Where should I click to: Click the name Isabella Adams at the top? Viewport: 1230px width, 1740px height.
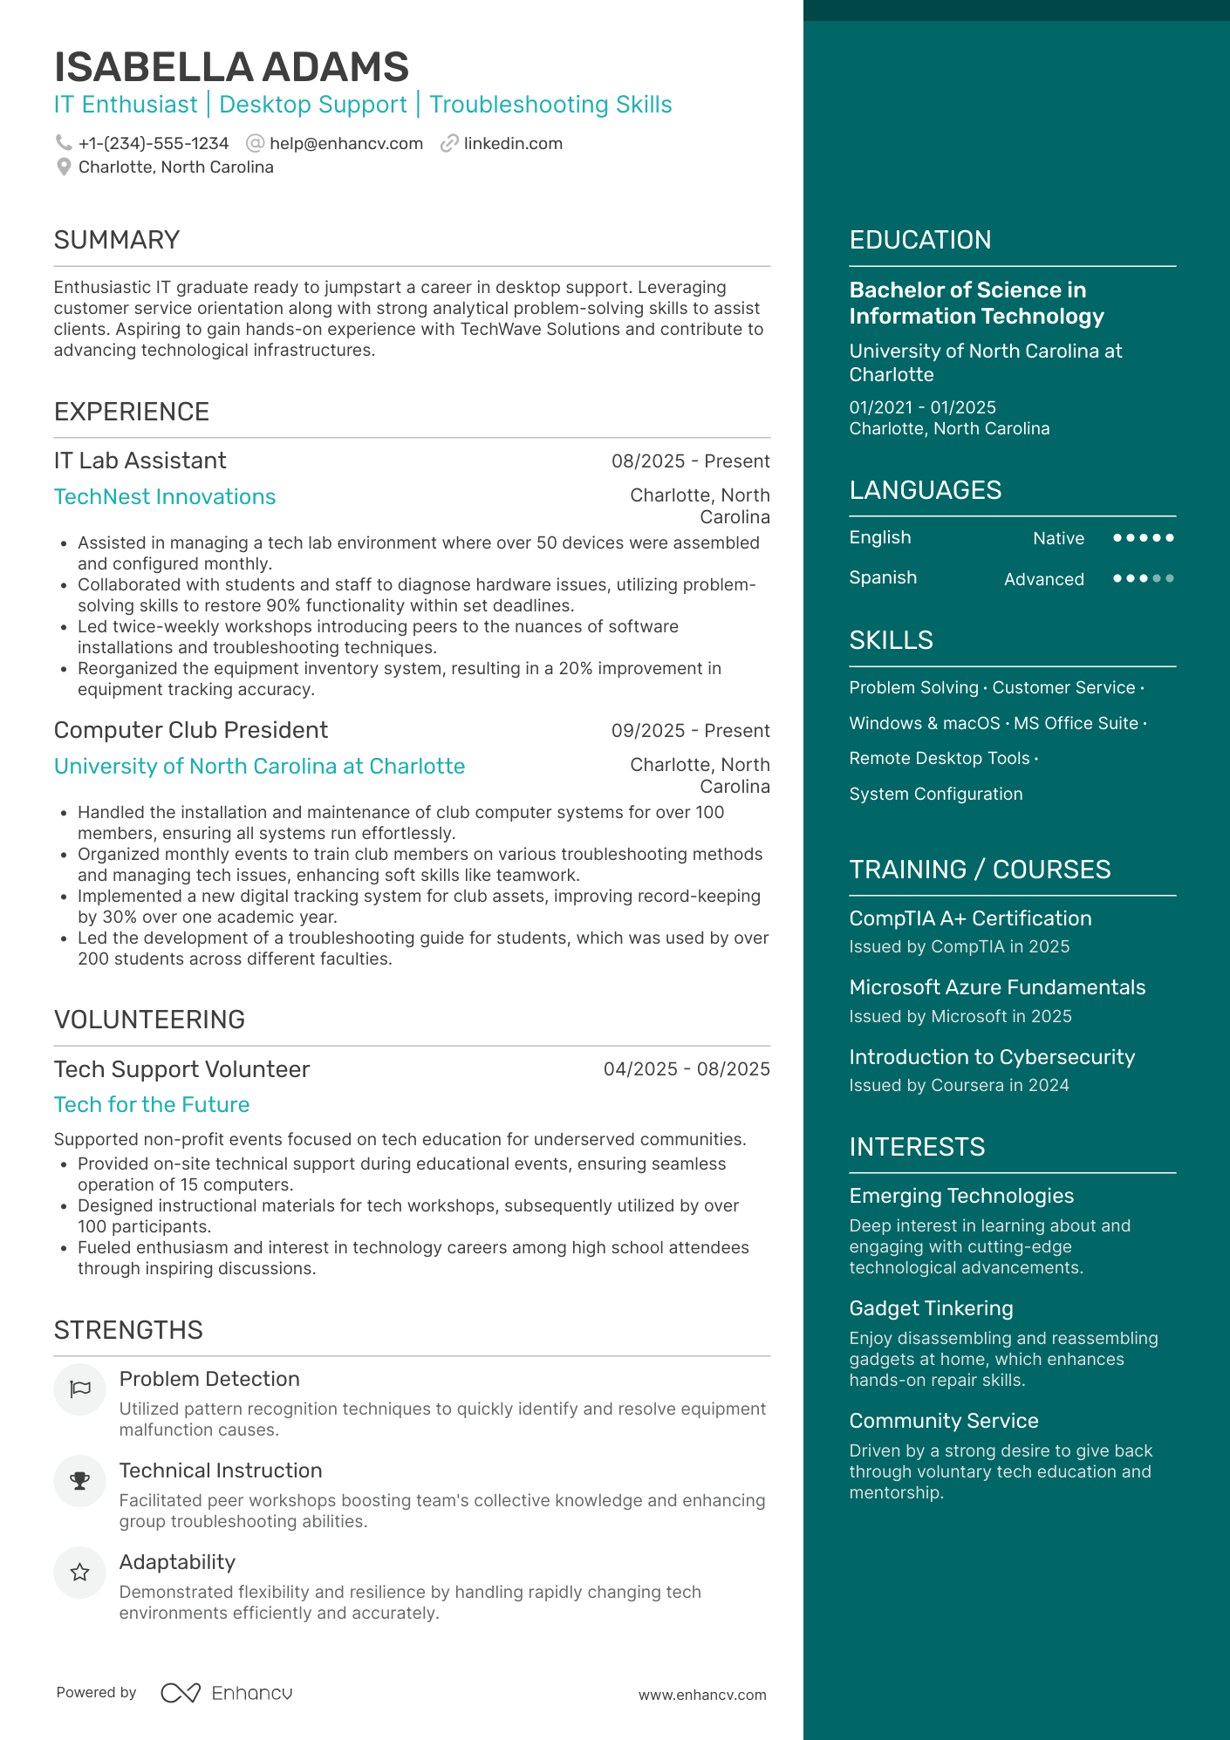(x=231, y=67)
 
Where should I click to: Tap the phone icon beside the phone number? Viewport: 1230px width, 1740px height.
(x=64, y=143)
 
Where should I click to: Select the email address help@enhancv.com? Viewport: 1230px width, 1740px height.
(x=345, y=143)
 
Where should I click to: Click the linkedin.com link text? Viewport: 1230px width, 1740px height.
(x=513, y=143)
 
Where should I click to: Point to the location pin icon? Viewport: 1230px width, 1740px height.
(x=64, y=167)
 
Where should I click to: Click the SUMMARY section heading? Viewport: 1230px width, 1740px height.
(x=117, y=240)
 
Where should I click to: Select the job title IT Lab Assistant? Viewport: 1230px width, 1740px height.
(x=140, y=461)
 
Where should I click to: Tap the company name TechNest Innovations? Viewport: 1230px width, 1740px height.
(x=165, y=496)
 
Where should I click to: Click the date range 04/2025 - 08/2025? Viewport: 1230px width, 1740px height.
(x=687, y=1069)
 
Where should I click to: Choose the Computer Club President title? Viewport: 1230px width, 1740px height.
(x=191, y=730)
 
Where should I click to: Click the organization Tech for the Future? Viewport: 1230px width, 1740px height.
(x=152, y=1104)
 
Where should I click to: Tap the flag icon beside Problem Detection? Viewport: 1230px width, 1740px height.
(x=79, y=1389)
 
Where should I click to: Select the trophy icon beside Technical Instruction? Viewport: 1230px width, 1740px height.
(x=79, y=1481)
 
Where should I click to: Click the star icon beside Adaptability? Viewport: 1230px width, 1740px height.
(x=79, y=1573)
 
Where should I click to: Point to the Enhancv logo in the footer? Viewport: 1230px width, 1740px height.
(x=227, y=1693)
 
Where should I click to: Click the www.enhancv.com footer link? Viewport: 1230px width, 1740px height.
(x=702, y=1695)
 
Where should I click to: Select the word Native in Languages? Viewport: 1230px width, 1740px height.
(x=1058, y=538)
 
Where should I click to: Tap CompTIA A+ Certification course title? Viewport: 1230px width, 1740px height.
(x=970, y=918)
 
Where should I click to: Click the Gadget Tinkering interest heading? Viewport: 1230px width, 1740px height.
(x=931, y=1308)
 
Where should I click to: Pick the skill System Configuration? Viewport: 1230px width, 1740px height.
(x=936, y=794)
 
